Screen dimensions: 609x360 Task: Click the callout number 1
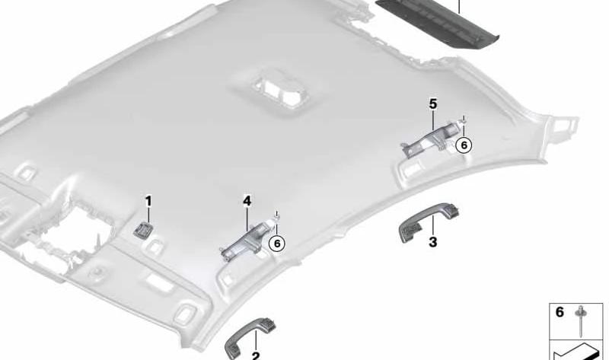click(x=148, y=202)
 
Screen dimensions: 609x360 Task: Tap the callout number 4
click(x=247, y=201)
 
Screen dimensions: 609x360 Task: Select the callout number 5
click(x=433, y=104)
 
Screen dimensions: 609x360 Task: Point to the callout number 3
click(x=432, y=242)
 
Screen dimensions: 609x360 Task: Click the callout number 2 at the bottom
click(x=256, y=355)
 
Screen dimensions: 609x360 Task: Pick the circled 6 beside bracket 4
click(x=277, y=244)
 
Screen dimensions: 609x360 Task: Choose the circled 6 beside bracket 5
click(x=464, y=145)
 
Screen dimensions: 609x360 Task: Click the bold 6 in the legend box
click(x=560, y=312)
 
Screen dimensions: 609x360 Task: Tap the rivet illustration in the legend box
click(x=581, y=320)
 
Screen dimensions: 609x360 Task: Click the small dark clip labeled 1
click(x=143, y=231)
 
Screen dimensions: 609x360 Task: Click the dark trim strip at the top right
click(x=437, y=24)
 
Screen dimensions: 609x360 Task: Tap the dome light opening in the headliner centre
click(x=277, y=92)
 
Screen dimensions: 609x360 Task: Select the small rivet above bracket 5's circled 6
click(x=464, y=120)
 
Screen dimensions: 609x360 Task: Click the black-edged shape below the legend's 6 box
click(x=576, y=351)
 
